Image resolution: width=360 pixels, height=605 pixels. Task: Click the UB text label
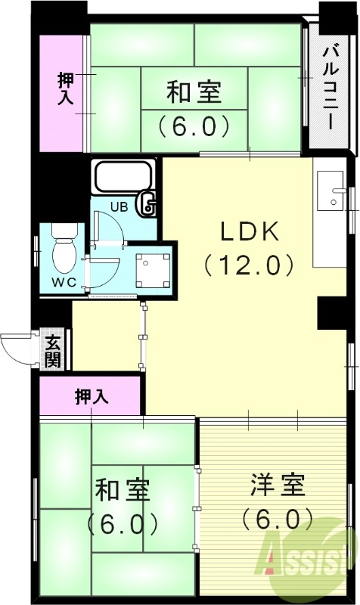point(119,206)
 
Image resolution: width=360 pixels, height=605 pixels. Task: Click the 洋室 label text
point(278,485)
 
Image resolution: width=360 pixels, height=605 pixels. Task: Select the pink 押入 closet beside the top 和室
point(64,89)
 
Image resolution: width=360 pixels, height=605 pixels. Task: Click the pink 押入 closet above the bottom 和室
point(92,396)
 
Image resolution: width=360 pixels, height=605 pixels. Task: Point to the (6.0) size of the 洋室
point(278,519)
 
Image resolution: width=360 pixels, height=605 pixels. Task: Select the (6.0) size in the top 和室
point(194,125)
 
